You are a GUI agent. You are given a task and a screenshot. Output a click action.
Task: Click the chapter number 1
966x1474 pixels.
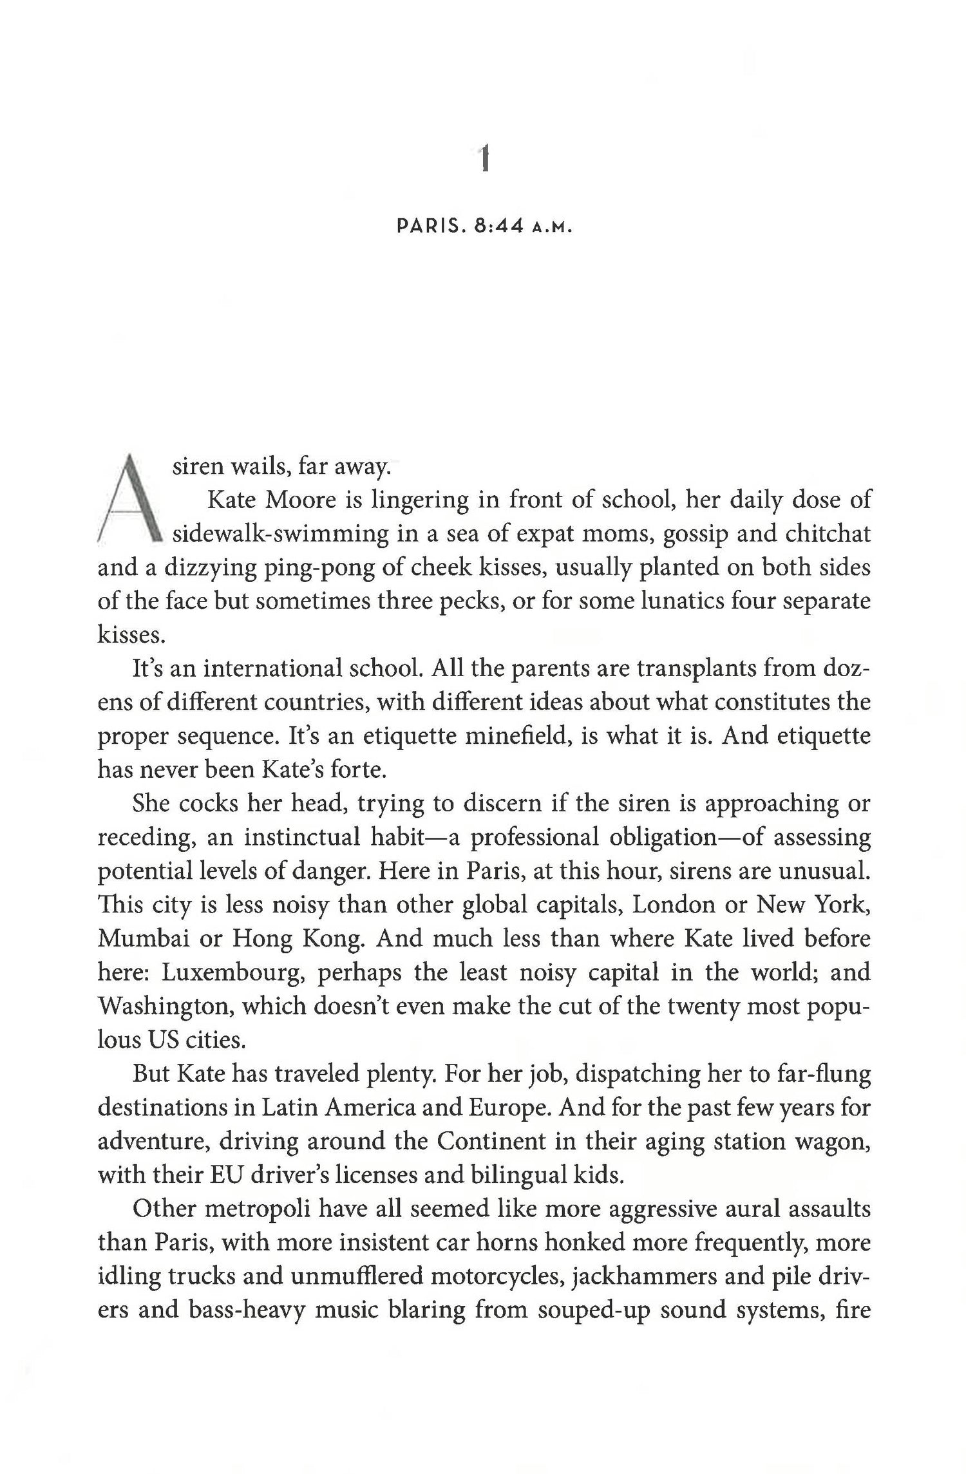pos(485,159)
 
